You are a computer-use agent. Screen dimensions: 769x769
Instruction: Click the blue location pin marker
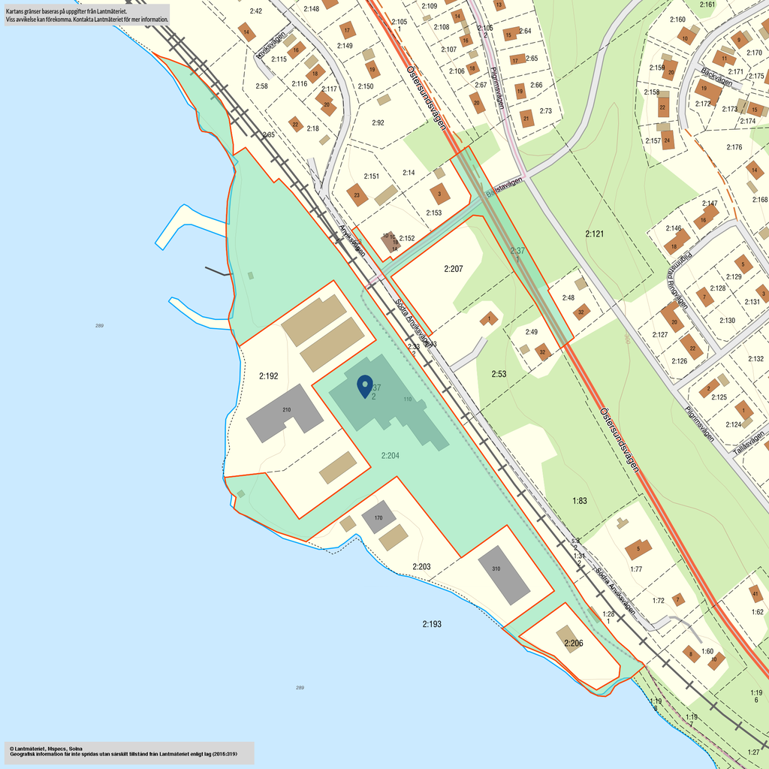coord(365,385)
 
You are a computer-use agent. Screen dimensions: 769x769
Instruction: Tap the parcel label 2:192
coord(268,375)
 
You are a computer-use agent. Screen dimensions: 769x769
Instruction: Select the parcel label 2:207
coord(453,268)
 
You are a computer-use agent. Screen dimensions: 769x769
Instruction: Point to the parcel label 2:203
coord(421,566)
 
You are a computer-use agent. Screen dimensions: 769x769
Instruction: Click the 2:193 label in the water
coord(432,624)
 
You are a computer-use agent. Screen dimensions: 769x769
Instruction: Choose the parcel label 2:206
coord(573,643)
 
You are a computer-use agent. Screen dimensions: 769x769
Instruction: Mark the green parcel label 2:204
coord(390,455)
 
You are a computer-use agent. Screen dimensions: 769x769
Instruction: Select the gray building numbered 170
coord(378,517)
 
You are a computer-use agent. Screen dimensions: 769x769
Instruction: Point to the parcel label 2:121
coord(595,234)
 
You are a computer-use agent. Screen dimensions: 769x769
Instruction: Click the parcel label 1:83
coord(579,500)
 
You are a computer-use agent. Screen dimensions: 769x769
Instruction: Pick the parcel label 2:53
coord(499,373)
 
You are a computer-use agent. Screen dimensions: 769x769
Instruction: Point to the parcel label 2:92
coord(378,122)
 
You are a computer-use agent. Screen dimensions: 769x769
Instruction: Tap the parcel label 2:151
coord(371,176)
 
